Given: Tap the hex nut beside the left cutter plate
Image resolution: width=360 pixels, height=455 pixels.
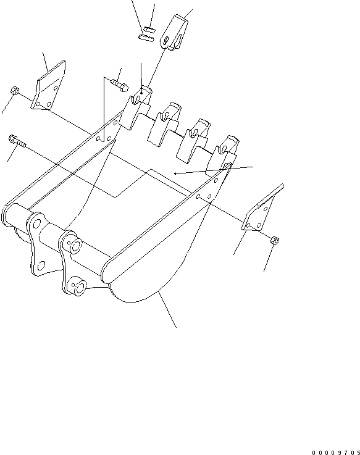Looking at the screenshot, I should coord(13,91).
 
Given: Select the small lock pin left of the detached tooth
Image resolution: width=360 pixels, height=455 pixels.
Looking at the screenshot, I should coord(146,36).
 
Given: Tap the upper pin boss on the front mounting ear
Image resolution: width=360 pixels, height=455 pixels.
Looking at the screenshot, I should coord(75,247).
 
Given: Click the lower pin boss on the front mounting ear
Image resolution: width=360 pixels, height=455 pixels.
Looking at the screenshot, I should coord(79,288).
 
